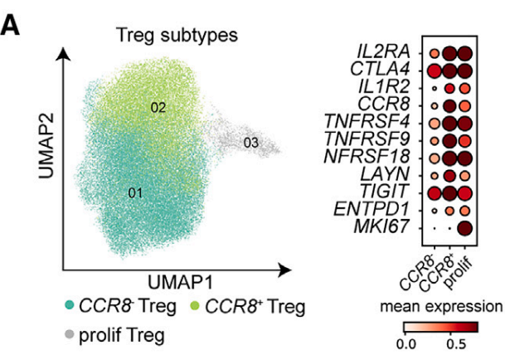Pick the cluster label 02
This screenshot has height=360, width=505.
[x=158, y=107]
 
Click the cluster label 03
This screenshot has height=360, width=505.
[x=252, y=143]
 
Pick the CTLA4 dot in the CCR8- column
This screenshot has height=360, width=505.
[x=433, y=72]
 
